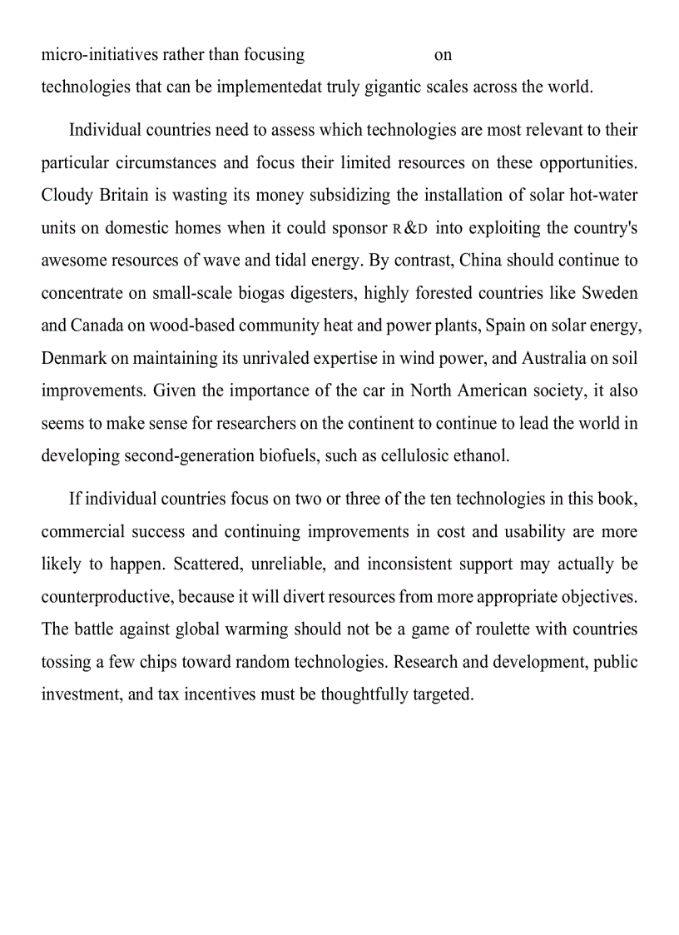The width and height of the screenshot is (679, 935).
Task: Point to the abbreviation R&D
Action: (410, 228)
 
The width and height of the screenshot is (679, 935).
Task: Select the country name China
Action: (481, 261)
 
